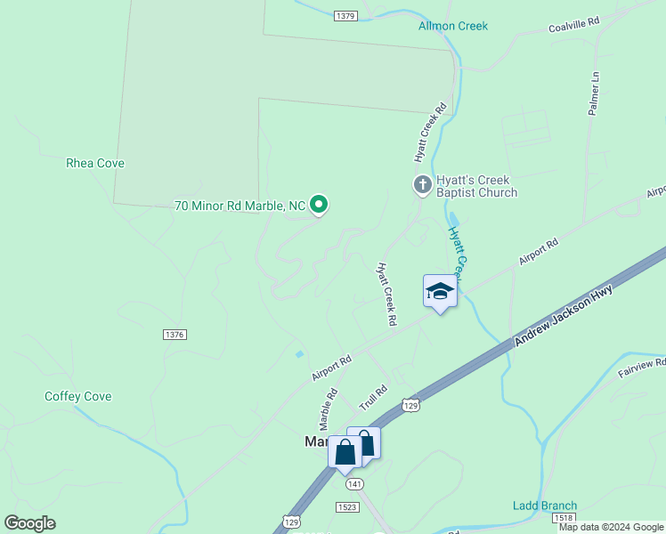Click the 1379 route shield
tap(346, 16)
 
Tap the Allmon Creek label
tap(453, 26)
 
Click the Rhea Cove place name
tap(95, 163)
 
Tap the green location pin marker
tap(318, 205)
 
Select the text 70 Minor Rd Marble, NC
tap(240, 206)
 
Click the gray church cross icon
tap(422, 185)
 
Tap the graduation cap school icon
tap(440, 291)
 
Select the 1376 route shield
tap(175, 334)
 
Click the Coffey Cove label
tap(78, 396)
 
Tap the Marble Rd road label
tap(329, 406)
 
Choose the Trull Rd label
tap(374, 397)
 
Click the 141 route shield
tap(355, 484)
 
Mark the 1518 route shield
tap(562, 517)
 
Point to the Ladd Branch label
tap(545, 506)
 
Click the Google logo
tap(29, 523)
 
